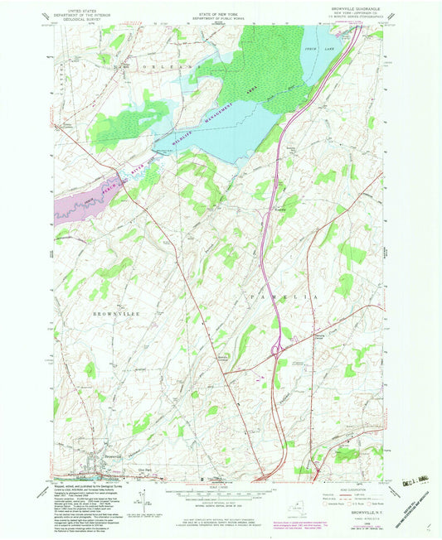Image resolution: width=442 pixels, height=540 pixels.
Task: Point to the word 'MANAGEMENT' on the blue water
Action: point(217,109)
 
